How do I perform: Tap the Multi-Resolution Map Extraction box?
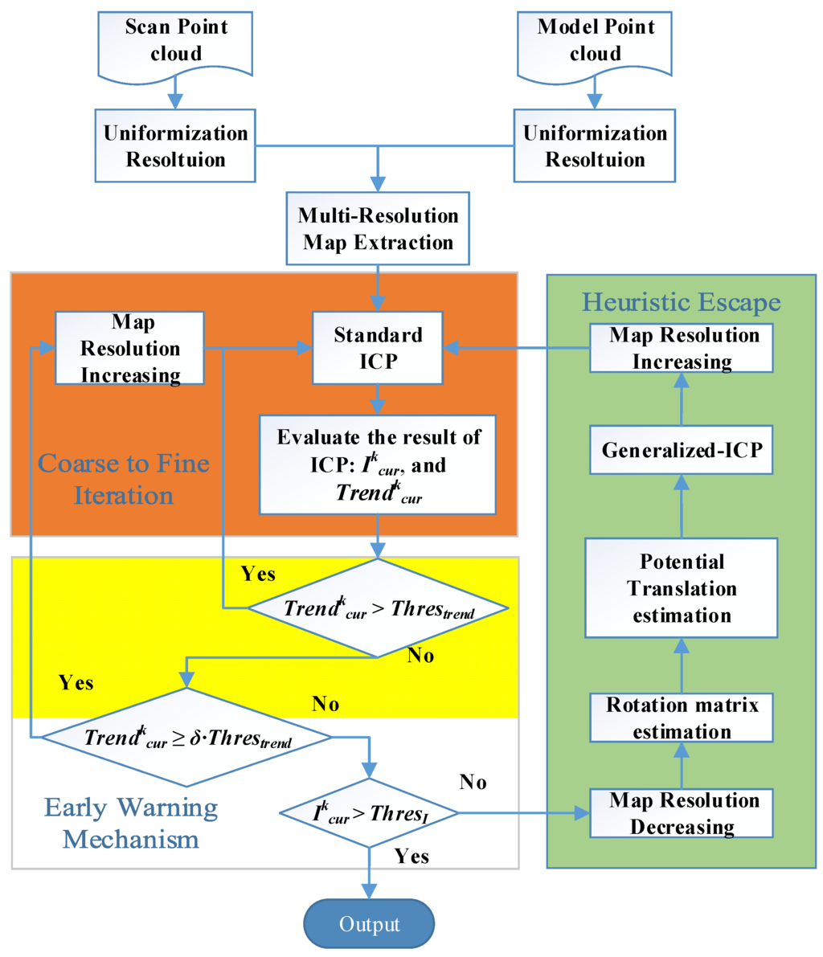378,229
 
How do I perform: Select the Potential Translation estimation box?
682,587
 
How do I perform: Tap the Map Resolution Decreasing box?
682,812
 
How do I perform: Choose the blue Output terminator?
369,924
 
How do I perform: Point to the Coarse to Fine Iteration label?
124,478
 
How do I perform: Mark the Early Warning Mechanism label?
131,823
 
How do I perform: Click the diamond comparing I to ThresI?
369,813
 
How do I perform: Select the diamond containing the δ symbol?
186,737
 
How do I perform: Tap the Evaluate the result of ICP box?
378,464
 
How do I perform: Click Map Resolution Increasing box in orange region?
130,348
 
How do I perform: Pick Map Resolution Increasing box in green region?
682,348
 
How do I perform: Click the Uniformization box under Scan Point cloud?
176,145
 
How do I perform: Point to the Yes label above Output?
411,856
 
